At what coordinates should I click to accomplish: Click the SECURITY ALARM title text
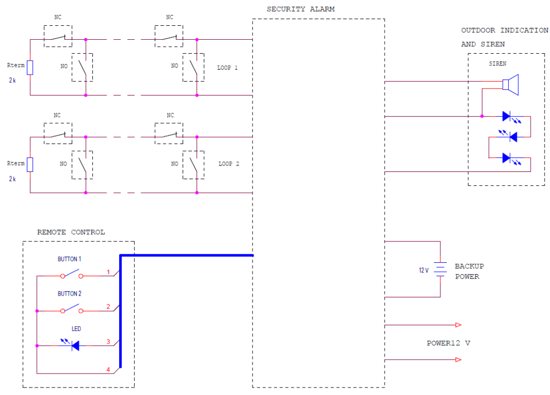pos(300,10)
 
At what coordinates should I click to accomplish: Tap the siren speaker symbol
pos(510,85)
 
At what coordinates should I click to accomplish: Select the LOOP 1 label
pos(227,68)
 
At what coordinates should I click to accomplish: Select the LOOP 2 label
pos(228,163)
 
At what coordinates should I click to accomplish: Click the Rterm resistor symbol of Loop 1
pos(30,68)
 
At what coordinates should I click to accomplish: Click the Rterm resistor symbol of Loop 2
pos(30,164)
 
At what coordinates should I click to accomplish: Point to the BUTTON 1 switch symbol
pos(72,276)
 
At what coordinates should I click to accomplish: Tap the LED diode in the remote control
pos(74,346)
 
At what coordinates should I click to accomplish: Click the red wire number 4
pos(108,369)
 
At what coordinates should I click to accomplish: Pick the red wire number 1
pos(108,272)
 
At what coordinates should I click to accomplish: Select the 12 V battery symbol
pos(440,269)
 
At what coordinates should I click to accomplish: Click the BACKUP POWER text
pos(469,271)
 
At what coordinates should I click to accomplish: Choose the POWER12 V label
pos(448,343)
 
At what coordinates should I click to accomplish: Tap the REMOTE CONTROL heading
pos(71,232)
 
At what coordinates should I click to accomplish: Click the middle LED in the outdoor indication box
pos(512,137)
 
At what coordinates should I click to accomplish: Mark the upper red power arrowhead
pos(458,325)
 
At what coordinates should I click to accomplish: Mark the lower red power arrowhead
pos(458,360)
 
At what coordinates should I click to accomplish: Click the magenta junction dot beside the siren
pos(482,116)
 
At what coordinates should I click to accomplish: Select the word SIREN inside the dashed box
pos(497,63)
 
